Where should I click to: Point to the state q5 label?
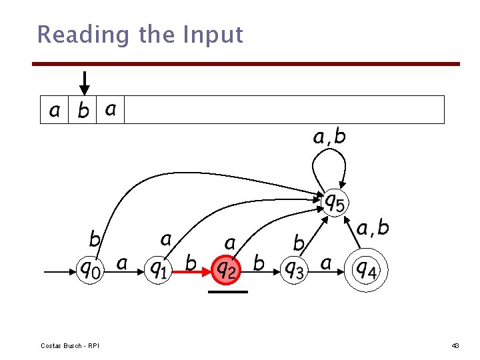pyautogui.click(x=334, y=201)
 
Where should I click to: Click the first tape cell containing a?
pyautogui.click(x=54, y=110)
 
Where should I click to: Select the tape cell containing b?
pyautogui.click(x=83, y=110)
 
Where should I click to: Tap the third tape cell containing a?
pyautogui.click(x=111, y=109)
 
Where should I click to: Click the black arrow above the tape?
pyautogui.click(x=83, y=83)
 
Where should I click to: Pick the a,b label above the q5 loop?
pyautogui.click(x=329, y=137)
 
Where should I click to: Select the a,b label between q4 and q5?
pyautogui.click(x=373, y=229)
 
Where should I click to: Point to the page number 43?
pyautogui.click(x=455, y=345)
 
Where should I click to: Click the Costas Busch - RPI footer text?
pyautogui.click(x=69, y=345)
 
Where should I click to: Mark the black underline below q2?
pyautogui.click(x=227, y=291)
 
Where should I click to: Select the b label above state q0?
pyautogui.click(x=95, y=238)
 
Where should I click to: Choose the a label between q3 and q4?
pyautogui.click(x=326, y=264)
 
